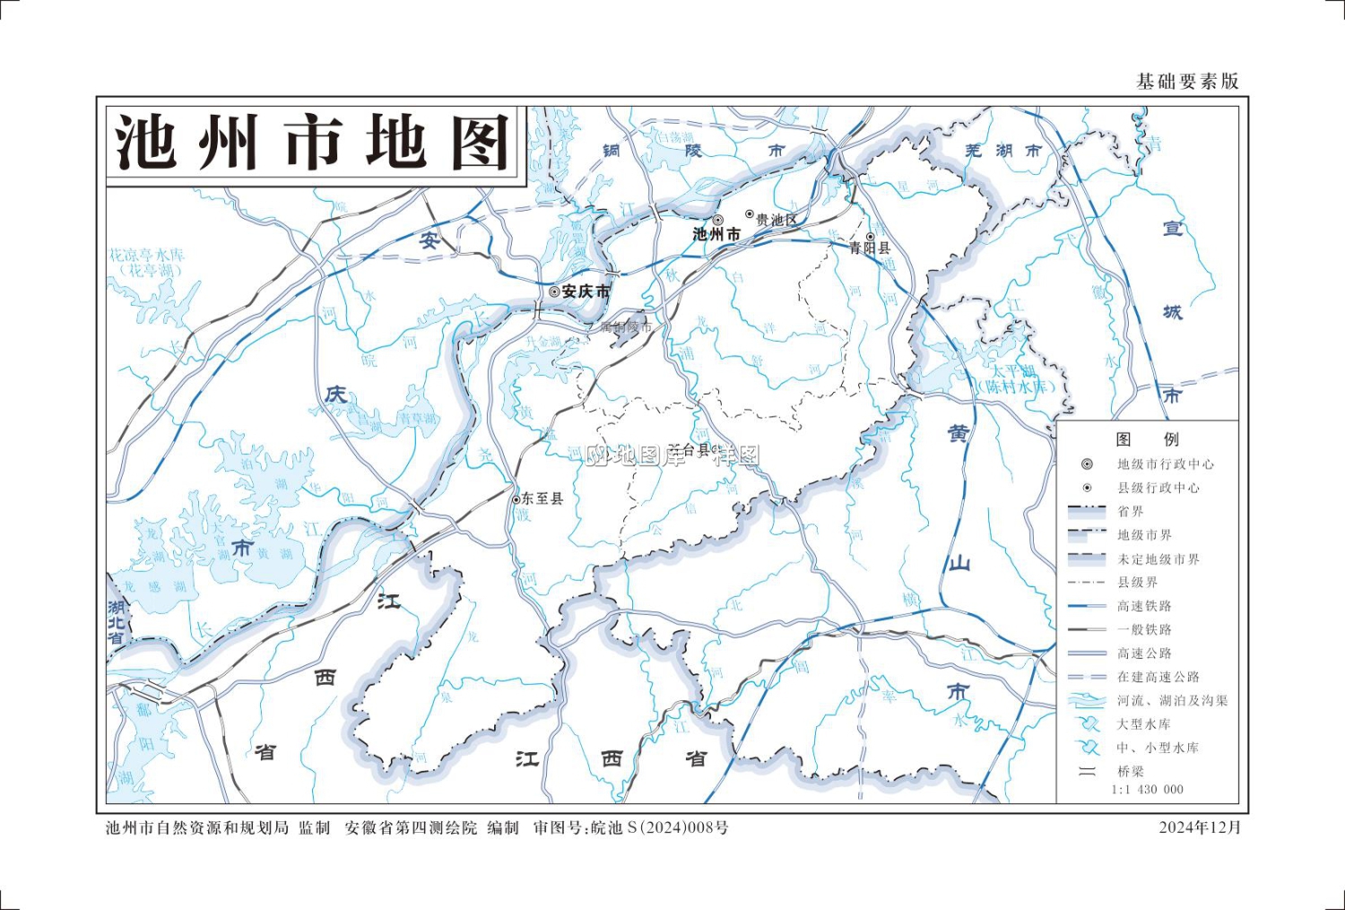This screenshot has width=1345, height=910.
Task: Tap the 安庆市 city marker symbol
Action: point(554,291)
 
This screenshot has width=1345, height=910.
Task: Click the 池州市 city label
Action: point(716,234)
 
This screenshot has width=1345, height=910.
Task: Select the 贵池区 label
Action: point(776,220)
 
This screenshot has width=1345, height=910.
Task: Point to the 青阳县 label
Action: point(870,248)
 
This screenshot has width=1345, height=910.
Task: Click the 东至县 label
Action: point(542,498)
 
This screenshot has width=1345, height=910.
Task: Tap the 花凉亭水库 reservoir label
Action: point(147,256)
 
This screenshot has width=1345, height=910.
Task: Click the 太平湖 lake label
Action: point(1012,370)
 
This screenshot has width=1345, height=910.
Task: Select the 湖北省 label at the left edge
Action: point(117,622)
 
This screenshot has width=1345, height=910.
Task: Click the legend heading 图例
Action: point(1148,439)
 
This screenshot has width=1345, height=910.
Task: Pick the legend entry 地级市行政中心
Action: point(1165,464)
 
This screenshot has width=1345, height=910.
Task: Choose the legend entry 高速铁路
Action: point(1144,606)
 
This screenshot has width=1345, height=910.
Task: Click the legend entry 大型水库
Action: point(1143,724)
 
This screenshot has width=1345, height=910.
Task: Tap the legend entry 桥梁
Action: point(1131,771)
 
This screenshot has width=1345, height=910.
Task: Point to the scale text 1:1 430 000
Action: point(1147,790)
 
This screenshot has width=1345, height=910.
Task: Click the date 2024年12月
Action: point(1199,828)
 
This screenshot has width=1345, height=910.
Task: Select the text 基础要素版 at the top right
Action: point(1187,82)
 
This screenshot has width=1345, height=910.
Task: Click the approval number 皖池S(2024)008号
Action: point(659,828)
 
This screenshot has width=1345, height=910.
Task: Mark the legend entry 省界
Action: point(1131,512)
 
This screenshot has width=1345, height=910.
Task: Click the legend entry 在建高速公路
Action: point(1158,677)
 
